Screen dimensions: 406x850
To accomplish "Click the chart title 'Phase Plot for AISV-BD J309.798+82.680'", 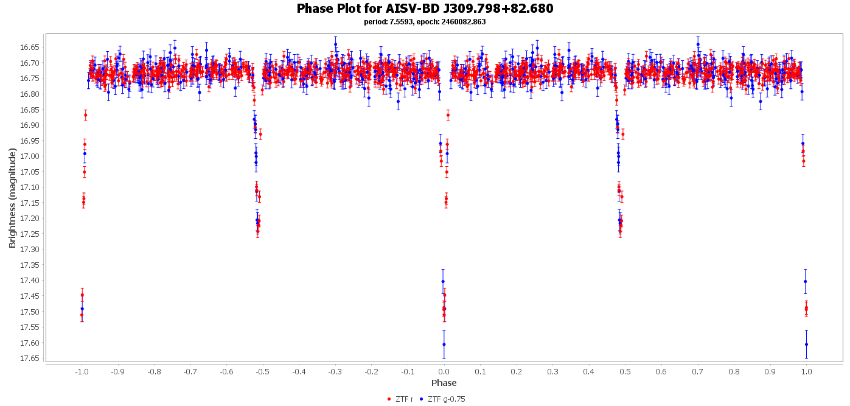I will pos(425,9).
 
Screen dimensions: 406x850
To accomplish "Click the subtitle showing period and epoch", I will pos(425,22).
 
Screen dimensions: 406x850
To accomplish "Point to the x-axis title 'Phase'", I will pos(444,383).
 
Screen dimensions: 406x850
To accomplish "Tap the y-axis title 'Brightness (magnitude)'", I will pos(12,198).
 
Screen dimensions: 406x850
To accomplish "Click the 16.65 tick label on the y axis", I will pos(30,47).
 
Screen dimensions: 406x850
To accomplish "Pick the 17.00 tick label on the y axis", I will pos(30,156).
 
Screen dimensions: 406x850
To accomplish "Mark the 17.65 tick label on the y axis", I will pos(30,359).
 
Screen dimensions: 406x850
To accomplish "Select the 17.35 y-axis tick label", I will pos(30,265).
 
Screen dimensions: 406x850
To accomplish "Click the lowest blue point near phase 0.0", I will pos(444,345).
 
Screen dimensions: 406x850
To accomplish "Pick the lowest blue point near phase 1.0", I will pos(806,345).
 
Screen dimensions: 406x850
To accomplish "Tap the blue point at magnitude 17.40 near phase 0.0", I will pos(443,281).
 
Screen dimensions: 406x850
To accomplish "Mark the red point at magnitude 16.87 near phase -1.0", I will pos(85,115).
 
